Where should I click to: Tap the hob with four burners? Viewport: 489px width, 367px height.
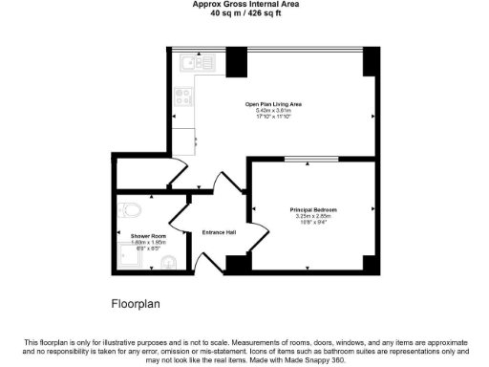(x=183, y=97)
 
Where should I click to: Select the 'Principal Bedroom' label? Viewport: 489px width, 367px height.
(x=313, y=209)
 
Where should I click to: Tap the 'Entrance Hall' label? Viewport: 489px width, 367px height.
(x=220, y=231)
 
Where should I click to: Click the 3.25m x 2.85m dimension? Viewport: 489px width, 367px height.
(x=313, y=216)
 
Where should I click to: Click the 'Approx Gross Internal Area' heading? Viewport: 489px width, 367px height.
(x=244, y=5)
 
